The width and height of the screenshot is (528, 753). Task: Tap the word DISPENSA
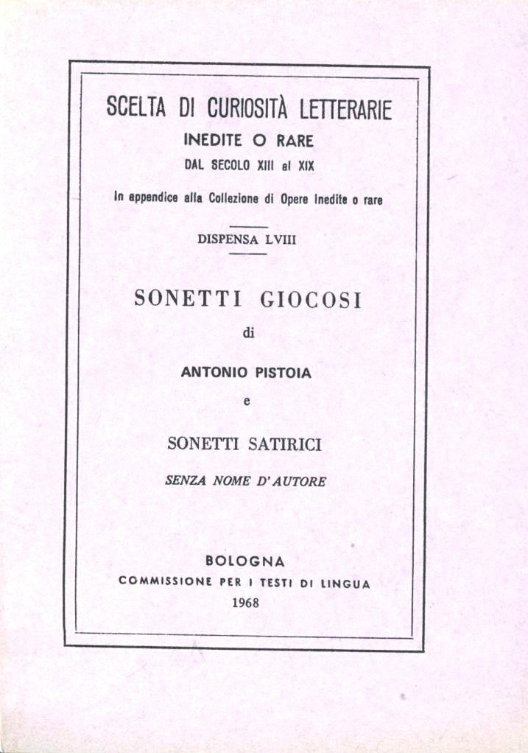224,238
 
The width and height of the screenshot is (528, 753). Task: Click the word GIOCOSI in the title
311,300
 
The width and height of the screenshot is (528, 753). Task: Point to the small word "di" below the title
247,335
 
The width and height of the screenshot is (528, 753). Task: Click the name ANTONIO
212,373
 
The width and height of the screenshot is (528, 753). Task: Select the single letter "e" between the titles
247,402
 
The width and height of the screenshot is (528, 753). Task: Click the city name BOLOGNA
245,561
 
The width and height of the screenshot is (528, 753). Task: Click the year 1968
245,602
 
